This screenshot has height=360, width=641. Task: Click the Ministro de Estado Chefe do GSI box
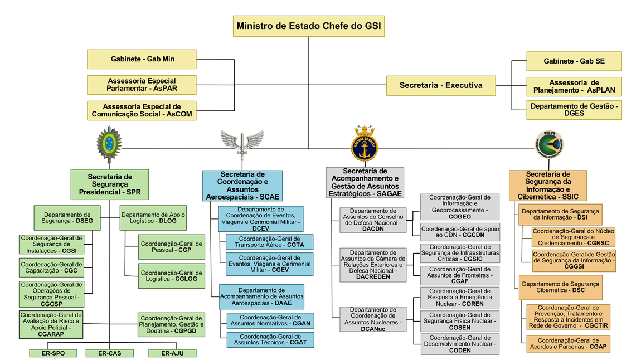click(309, 26)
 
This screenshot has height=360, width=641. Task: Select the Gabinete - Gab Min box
click(142, 59)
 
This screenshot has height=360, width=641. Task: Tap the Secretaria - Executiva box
click(440, 86)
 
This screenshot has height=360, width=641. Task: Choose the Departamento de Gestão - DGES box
click(574, 109)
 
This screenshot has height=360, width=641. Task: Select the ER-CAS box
click(110, 353)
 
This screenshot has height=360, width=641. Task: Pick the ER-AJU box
click(172, 353)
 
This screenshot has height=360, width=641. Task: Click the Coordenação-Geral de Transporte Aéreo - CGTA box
click(269, 242)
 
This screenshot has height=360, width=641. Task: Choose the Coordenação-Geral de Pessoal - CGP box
click(171, 247)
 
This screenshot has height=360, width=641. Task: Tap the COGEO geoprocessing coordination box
click(460, 207)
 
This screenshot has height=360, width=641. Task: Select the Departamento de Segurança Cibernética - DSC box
click(560, 287)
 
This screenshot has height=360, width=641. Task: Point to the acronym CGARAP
click(51, 335)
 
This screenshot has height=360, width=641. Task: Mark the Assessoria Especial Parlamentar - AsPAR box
click(142, 85)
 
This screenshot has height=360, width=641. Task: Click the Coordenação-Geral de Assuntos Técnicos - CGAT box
click(270, 339)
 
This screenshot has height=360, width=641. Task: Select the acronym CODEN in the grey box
click(460, 351)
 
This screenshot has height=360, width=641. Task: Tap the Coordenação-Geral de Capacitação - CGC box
click(51, 267)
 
